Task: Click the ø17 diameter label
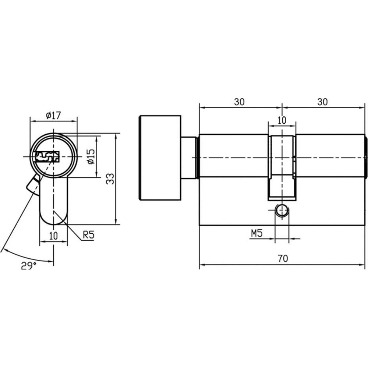[53, 115]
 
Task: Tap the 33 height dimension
[110, 179]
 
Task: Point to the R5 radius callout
[88, 235]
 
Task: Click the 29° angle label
[29, 266]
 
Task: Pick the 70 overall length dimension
[283, 258]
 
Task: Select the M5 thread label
[257, 233]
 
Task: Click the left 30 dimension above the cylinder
[240, 102]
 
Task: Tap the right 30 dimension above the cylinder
[322, 102]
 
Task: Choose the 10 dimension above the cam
[282, 120]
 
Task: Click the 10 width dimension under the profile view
[53, 236]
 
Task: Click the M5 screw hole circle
[282, 210]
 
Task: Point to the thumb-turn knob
[160, 158]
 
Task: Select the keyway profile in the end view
[47, 157]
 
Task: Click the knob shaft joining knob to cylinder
[189, 158]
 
